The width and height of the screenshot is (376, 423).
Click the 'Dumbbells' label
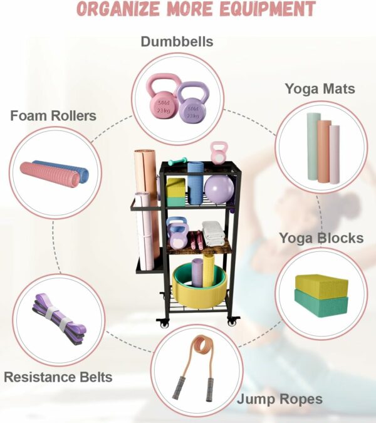point(177,42)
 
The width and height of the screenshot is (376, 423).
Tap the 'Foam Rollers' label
point(53,116)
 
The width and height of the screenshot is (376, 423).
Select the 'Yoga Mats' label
point(320,89)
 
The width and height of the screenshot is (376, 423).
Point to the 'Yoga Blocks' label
point(321,238)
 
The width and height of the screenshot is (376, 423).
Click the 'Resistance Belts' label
point(58,377)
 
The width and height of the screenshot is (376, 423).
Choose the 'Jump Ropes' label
point(279,400)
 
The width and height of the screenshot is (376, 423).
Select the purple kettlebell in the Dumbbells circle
point(192,103)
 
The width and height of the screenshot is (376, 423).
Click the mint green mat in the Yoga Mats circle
point(313,147)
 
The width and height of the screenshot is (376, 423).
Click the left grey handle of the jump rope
point(177,388)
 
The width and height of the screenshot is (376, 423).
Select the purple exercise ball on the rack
point(219,189)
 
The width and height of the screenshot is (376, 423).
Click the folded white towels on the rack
point(213,234)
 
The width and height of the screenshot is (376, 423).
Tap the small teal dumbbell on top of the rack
point(177,161)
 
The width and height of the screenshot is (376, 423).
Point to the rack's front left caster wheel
point(164,323)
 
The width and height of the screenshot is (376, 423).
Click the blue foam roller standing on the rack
point(195,183)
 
